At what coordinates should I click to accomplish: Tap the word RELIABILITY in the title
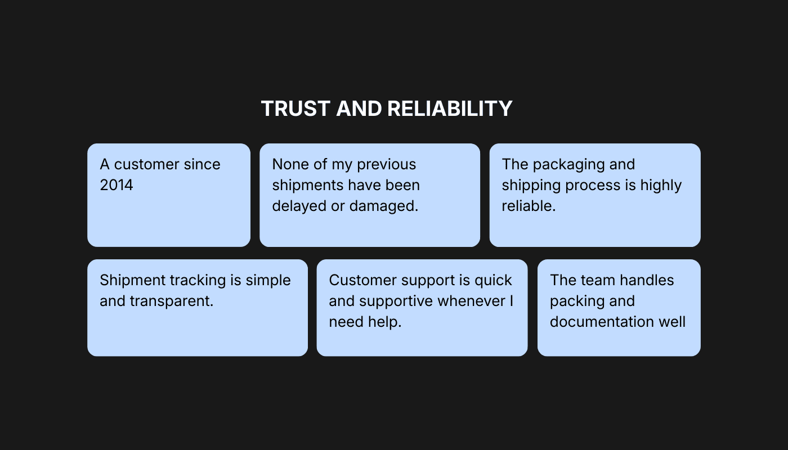[x=450, y=109]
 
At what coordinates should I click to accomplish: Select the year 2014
[x=117, y=185]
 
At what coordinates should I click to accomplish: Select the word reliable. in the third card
[x=529, y=206]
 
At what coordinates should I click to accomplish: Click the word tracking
[x=195, y=280]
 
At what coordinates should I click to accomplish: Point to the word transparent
[x=172, y=301]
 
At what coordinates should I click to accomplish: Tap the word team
[x=596, y=280]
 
